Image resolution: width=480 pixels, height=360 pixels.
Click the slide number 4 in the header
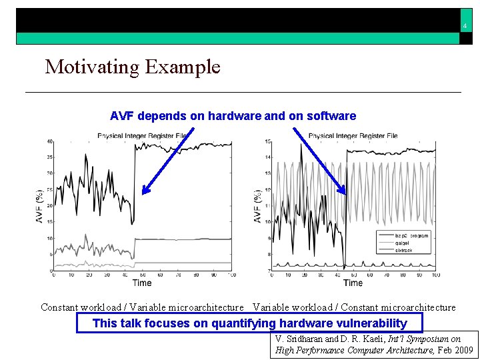point(465,27)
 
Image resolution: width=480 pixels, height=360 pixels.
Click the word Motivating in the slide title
point(91,67)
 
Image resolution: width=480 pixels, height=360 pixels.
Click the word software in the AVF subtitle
point(331,116)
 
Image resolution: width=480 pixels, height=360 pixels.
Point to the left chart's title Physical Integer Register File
point(143,136)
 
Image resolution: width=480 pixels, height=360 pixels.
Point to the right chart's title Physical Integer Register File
point(353,136)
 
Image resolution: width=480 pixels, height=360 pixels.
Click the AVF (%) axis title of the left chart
point(40,206)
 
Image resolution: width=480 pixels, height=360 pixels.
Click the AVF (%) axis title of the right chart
point(258,206)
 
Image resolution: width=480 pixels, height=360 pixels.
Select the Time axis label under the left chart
point(141,283)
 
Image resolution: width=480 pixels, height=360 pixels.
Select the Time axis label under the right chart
point(353,283)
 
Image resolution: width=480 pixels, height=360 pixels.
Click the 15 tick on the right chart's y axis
point(267,141)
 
